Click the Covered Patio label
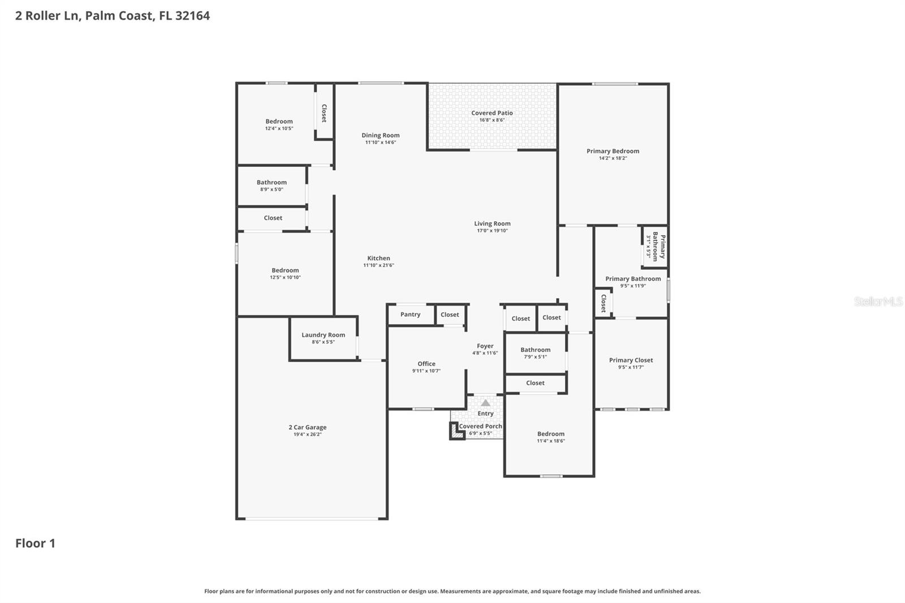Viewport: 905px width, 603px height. [492, 113]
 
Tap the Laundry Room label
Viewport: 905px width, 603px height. [323, 335]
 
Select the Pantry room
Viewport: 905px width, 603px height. [411, 315]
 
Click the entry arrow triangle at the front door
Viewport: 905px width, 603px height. [485, 403]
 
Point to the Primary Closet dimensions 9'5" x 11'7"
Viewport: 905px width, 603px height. [631, 367]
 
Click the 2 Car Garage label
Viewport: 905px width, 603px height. [307, 427]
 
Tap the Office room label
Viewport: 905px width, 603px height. [426, 364]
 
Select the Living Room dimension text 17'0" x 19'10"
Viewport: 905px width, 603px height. [492, 231]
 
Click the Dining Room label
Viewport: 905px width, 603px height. [380, 135]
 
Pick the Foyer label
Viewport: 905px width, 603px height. [485, 346]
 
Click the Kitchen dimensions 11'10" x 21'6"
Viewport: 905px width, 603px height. [378, 265]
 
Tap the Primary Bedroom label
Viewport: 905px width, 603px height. [613, 151]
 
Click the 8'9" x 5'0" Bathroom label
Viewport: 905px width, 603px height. [271, 182]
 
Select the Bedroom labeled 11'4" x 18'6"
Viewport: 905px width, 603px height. [550, 434]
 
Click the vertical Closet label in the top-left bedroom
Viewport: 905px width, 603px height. [324, 113]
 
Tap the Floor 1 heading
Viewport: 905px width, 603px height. [35, 543]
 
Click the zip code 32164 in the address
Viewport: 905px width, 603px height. [192, 15]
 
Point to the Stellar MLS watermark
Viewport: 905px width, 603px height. [878, 301]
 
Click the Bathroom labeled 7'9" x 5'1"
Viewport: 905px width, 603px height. [535, 350]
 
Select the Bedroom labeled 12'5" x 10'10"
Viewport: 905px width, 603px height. [285, 270]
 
